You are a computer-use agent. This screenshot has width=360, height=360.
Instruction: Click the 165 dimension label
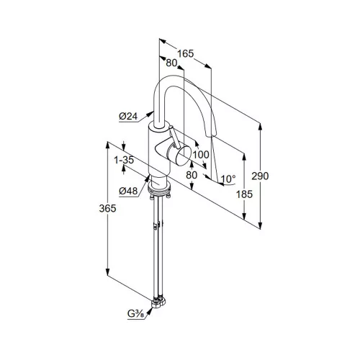click(x=185, y=53)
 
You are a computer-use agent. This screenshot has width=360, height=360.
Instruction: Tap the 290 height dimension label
click(x=260, y=176)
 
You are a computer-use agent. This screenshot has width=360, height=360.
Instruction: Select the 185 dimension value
click(x=244, y=194)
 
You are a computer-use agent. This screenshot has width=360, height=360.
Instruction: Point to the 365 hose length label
click(x=107, y=208)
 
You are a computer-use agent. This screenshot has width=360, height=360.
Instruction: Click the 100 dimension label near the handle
click(x=201, y=155)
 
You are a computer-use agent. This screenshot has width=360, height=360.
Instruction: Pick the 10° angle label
click(x=228, y=179)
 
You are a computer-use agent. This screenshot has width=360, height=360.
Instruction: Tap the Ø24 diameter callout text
click(x=128, y=117)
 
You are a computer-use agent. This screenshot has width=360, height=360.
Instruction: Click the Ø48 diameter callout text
click(x=128, y=191)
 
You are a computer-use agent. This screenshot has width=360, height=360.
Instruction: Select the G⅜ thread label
click(x=135, y=313)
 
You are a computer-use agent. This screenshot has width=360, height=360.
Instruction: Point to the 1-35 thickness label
click(x=124, y=160)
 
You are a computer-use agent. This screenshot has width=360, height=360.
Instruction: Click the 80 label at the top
click(x=171, y=63)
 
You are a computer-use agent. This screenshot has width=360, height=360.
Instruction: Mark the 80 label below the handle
click(x=192, y=175)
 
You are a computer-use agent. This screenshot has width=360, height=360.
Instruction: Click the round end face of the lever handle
click(x=184, y=156)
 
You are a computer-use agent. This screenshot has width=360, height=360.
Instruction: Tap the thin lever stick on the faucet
click(x=175, y=137)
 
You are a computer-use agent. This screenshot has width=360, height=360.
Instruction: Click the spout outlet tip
click(x=212, y=135)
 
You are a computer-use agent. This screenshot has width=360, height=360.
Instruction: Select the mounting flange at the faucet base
click(x=160, y=188)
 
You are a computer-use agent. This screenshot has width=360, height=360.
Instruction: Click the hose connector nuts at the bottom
click(x=158, y=302)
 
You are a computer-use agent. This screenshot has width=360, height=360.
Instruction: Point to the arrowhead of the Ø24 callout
click(x=150, y=113)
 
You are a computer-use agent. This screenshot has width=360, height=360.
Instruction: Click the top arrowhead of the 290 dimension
click(x=260, y=126)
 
